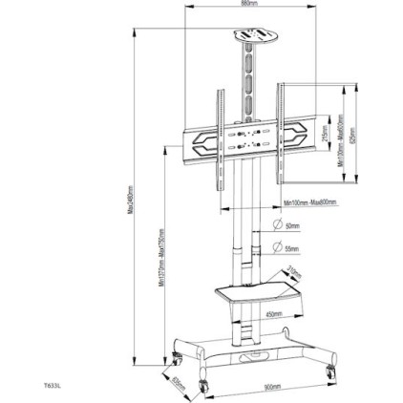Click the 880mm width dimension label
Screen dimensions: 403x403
[x=250, y=4]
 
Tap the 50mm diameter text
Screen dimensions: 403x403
[x=292, y=226]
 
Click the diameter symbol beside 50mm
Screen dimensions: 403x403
[x=278, y=225]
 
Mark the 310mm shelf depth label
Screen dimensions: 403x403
[x=294, y=273]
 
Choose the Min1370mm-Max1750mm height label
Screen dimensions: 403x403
[x=161, y=258]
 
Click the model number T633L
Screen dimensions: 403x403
[x=53, y=387]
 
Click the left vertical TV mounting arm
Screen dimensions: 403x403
[x=221, y=134]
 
